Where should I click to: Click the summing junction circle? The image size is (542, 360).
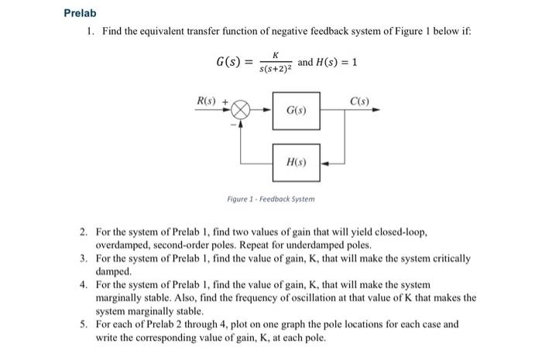pos(242,110)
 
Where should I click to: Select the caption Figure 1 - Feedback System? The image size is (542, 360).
pos(271,199)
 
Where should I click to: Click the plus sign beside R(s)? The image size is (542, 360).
pos(225,101)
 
